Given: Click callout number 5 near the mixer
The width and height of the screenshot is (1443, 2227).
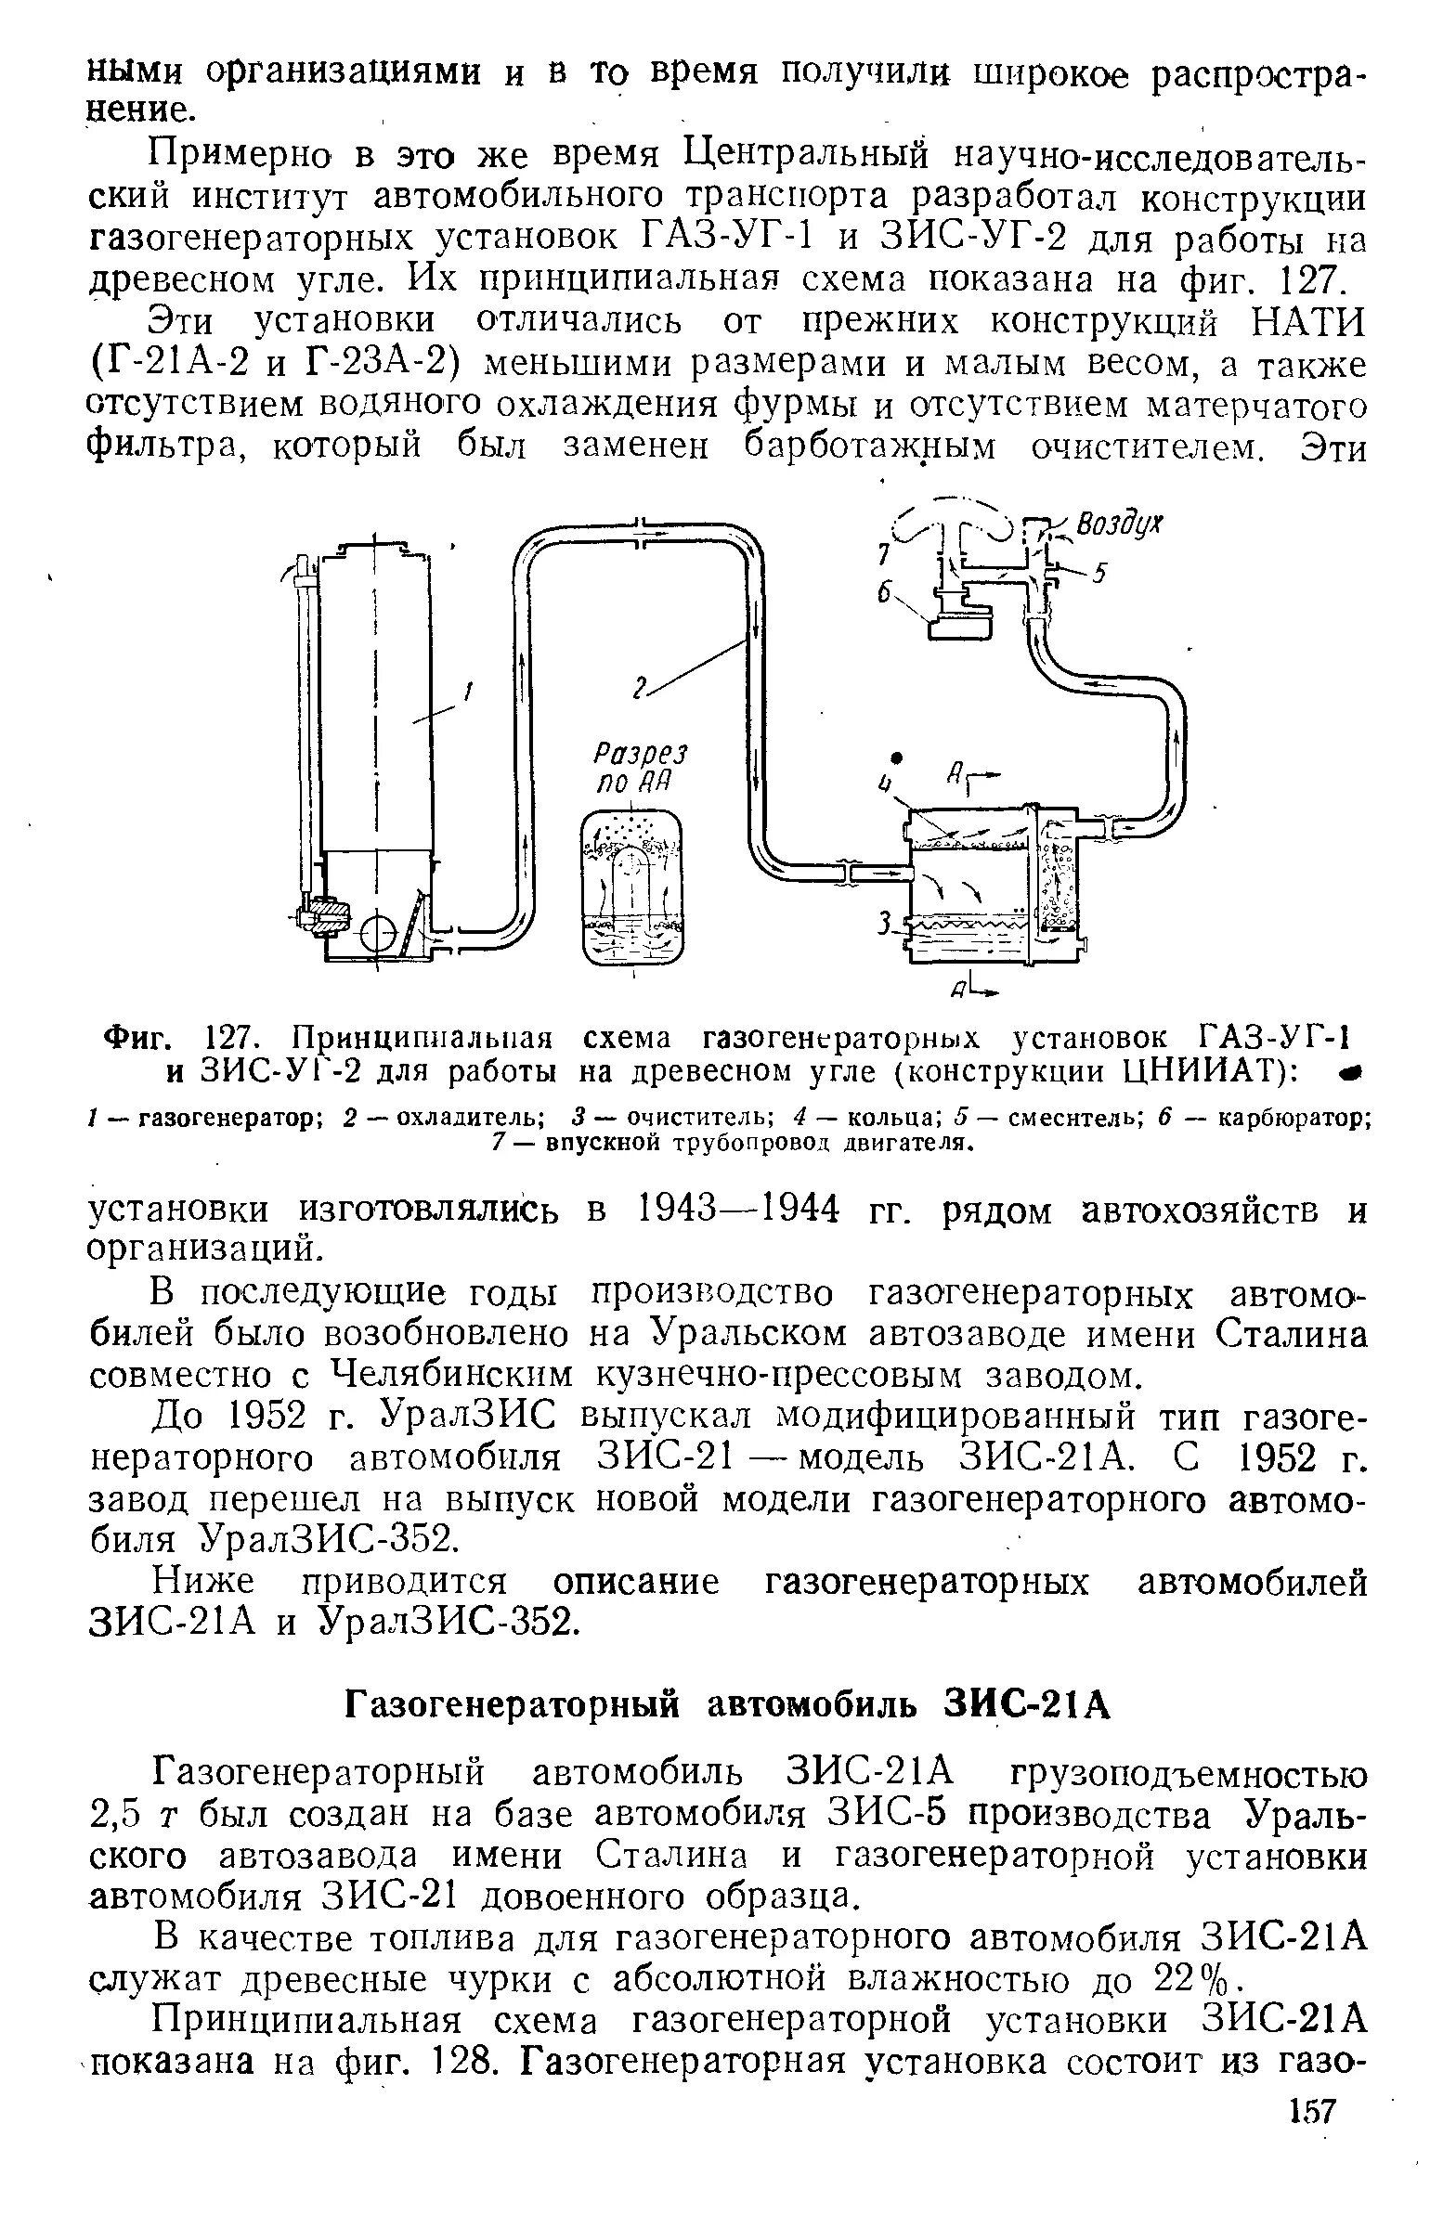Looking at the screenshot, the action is tap(1101, 574).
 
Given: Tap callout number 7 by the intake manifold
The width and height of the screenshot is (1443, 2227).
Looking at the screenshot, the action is tap(880, 555).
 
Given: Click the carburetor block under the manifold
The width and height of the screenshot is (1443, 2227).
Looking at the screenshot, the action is tap(958, 618).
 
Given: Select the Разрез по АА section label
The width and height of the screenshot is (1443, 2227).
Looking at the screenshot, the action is tap(640, 767).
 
